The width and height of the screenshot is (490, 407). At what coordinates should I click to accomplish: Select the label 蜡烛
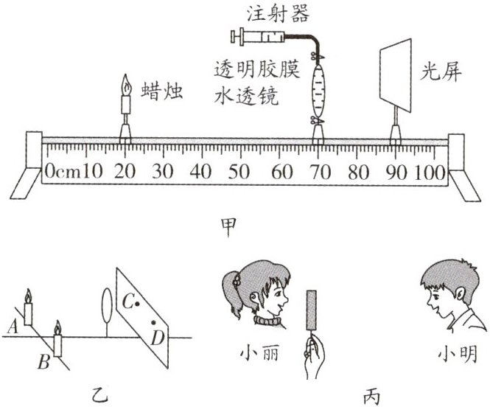click(x=160, y=91)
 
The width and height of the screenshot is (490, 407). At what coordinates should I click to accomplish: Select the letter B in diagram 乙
click(x=43, y=361)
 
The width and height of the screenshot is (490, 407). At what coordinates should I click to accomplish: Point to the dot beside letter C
click(x=136, y=303)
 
